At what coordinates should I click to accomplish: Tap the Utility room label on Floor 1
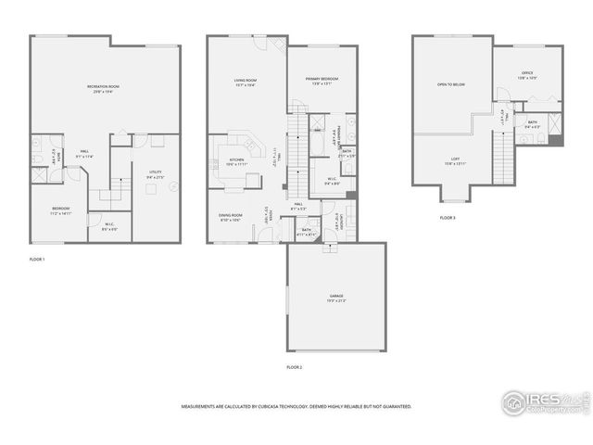click(x=154, y=174)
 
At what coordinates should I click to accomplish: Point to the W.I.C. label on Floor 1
click(x=109, y=224)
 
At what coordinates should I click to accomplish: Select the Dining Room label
click(x=230, y=218)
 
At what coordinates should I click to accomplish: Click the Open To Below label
click(x=450, y=84)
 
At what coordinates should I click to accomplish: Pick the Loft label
click(x=455, y=160)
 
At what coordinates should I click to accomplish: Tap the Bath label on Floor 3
click(x=533, y=123)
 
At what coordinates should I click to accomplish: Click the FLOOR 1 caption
click(x=37, y=259)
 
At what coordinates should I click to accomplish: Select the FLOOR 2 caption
click(x=294, y=368)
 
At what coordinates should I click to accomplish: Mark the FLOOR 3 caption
click(x=448, y=218)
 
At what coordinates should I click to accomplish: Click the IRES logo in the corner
click(x=542, y=401)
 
